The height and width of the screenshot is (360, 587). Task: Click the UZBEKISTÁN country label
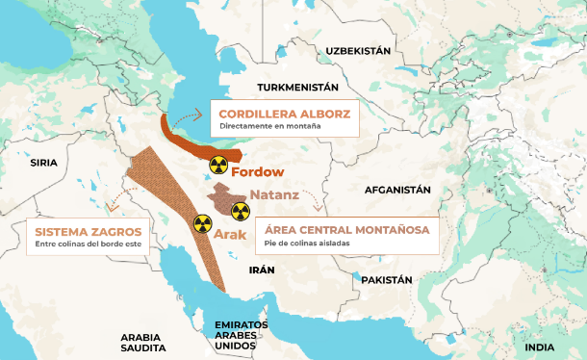point(358,50)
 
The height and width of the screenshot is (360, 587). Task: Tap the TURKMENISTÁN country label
point(298,87)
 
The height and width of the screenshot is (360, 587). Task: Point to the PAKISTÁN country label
point(387,279)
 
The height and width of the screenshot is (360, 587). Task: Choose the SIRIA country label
point(44,163)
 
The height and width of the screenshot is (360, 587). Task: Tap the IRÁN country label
point(262,270)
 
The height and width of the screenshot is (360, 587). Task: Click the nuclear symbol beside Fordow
point(218,165)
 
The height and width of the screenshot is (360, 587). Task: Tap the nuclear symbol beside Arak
point(201,223)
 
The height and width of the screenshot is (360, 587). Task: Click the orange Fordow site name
point(259,172)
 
